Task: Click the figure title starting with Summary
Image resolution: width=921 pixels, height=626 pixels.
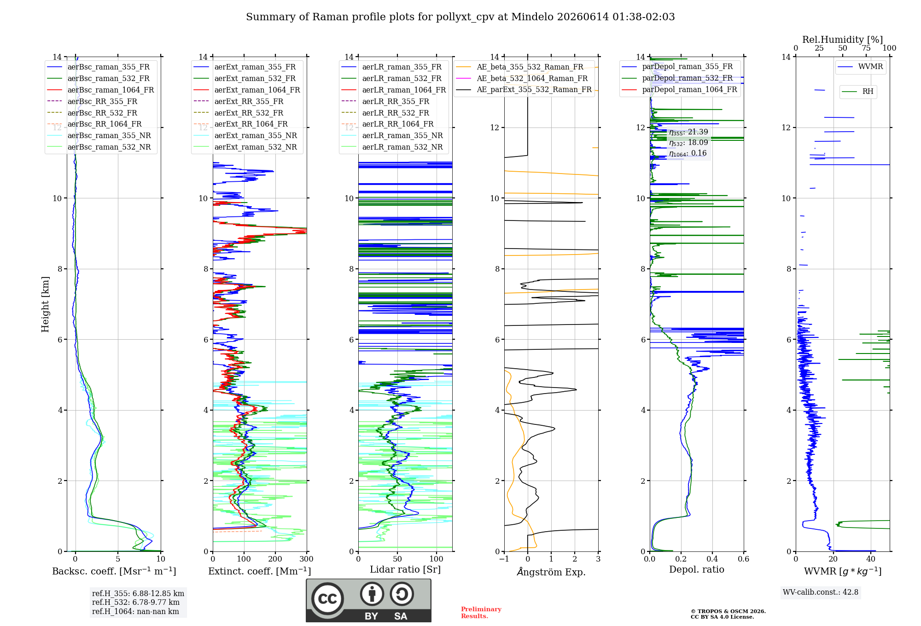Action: point(460,17)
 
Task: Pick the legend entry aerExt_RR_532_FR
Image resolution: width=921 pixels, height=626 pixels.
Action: point(249,113)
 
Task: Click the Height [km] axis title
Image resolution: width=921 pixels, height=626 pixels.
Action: point(45,304)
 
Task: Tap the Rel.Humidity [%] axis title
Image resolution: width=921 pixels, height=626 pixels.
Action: point(842,40)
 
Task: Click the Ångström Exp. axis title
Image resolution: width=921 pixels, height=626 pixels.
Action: point(551,572)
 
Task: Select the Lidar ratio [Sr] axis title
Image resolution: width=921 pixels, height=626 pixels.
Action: point(405,569)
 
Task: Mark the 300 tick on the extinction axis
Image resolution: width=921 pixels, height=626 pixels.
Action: point(306,559)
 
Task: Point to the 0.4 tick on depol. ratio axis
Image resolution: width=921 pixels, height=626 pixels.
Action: point(712,559)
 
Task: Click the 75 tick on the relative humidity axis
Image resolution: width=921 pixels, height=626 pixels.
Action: point(866,48)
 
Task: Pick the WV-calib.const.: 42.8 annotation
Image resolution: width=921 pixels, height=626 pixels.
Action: point(821,592)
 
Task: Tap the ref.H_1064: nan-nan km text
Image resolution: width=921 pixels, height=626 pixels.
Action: point(135,611)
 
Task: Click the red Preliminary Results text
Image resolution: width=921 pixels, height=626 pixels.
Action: point(481,613)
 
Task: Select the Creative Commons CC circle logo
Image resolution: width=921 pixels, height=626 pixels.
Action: point(327,599)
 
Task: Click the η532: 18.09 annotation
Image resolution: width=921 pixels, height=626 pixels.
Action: point(688,143)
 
